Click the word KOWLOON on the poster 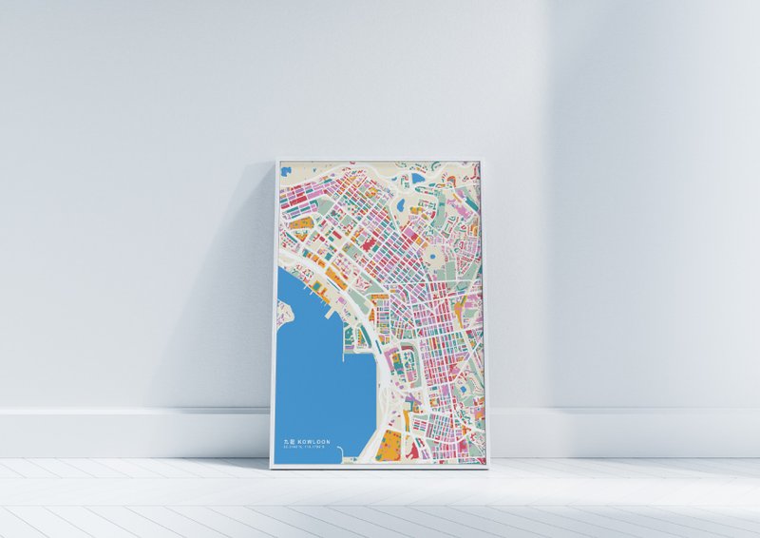click(x=313, y=442)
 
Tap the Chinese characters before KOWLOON click(x=289, y=442)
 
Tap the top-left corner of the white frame click(x=275, y=160)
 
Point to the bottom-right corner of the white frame click(x=486, y=468)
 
